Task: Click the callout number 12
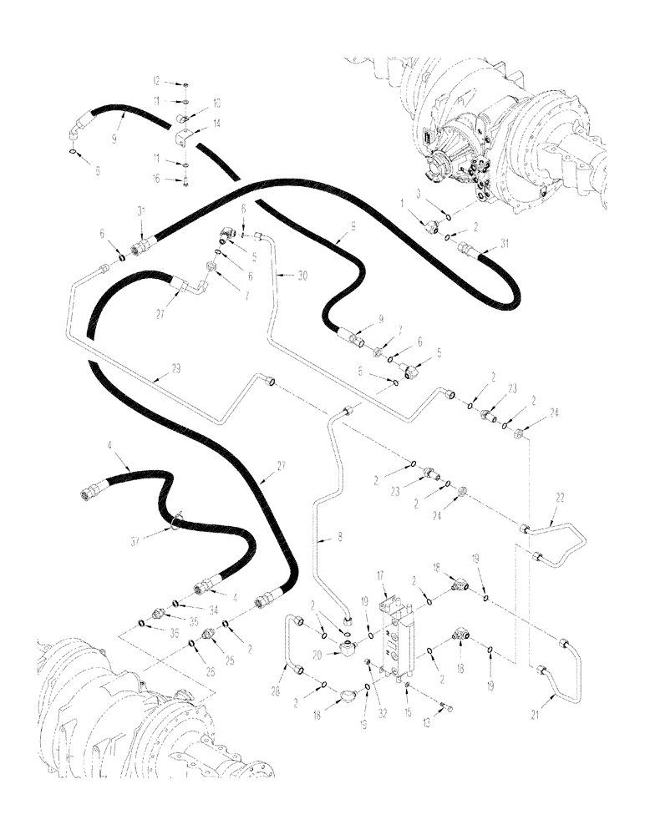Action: click(156, 82)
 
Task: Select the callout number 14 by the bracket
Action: click(195, 121)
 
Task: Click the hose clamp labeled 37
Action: click(176, 523)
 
